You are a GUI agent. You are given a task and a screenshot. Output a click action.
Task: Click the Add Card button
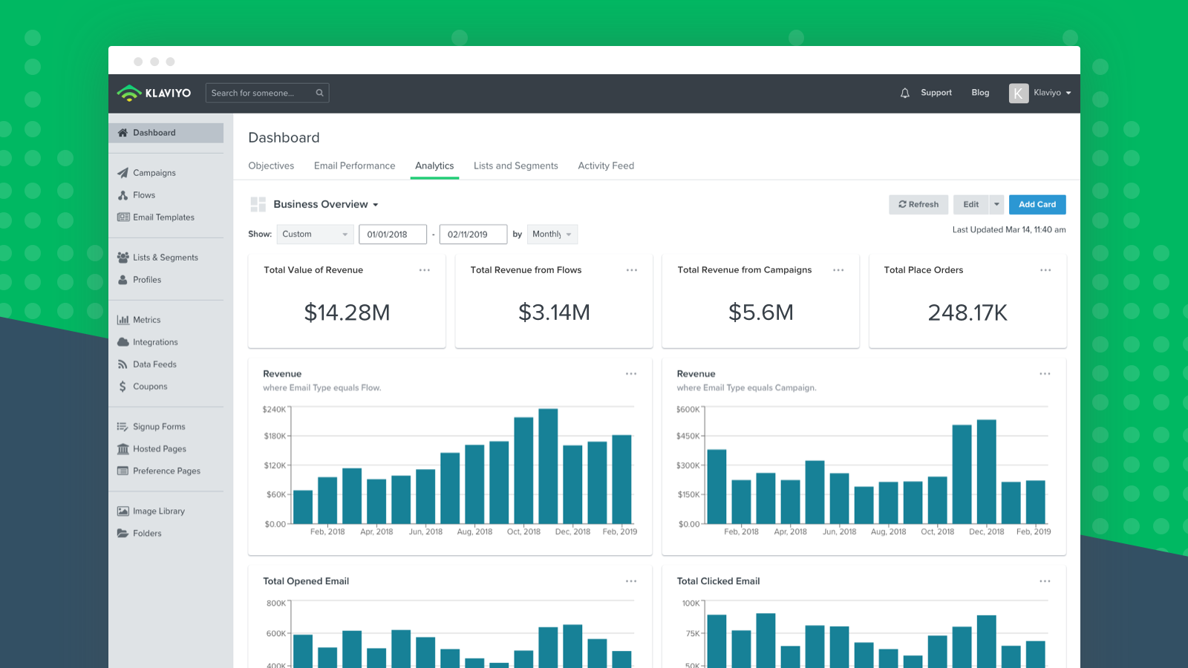point(1037,205)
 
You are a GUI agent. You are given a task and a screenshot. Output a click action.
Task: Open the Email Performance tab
point(354,166)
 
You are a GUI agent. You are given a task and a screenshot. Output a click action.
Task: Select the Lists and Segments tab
point(515,166)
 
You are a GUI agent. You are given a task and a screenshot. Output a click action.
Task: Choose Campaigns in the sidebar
point(154,173)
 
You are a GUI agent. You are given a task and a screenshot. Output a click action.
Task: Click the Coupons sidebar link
point(149,387)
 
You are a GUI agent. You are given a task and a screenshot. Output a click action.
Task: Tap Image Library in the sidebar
point(158,511)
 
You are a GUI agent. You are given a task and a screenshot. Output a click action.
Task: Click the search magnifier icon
point(320,94)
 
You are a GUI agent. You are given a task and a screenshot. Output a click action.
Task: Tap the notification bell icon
point(904,94)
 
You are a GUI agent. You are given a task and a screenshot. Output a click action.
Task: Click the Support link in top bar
point(936,93)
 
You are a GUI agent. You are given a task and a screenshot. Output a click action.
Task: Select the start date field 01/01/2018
point(392,235)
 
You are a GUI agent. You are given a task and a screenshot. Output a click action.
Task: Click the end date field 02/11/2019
point(472,235)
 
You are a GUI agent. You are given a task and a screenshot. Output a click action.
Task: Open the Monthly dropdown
point(552,235)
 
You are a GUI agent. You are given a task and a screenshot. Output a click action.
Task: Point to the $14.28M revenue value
point(347,313)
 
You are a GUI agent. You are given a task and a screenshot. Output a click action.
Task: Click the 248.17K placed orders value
point(967,313)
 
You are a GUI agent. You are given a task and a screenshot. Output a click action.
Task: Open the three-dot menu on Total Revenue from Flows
point(631,270)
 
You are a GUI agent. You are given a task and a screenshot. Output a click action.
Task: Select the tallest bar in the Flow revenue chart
point(548,466)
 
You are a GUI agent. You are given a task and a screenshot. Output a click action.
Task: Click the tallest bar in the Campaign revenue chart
point(986,472)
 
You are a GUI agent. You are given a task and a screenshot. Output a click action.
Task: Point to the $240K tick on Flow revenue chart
point(274,410)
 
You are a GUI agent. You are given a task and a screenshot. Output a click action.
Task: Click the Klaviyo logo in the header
point(154,94)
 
